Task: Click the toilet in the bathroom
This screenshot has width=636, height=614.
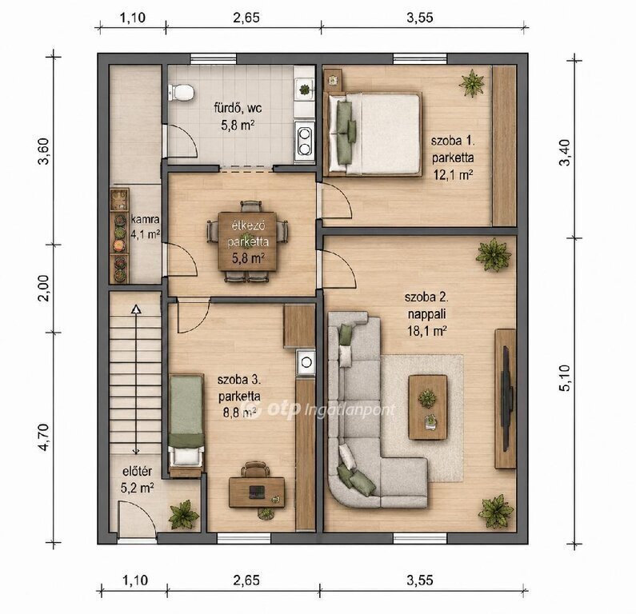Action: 181,93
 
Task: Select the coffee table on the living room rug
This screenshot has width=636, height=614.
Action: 428,407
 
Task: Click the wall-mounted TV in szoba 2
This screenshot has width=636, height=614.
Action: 506,398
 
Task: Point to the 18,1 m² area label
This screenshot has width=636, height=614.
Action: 426,331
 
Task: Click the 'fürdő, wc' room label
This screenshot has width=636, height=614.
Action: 238,108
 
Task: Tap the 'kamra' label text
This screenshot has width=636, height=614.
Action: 146,219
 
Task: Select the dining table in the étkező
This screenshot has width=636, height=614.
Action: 248,241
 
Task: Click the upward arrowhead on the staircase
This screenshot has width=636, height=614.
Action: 136,309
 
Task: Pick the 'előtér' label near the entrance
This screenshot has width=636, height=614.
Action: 137,472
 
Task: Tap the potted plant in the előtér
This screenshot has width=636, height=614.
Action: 184,514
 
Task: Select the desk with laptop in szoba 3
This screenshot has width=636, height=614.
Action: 257,492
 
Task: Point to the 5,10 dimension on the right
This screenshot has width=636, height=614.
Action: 565,378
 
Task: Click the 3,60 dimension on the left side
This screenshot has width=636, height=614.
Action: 43,151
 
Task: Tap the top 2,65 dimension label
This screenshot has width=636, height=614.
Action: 246,18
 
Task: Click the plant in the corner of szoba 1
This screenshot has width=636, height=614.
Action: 472,83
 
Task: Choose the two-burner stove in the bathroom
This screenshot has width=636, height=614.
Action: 304,141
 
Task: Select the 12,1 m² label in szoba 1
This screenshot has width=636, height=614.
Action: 453,175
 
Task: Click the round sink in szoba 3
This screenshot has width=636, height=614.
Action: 306,361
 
